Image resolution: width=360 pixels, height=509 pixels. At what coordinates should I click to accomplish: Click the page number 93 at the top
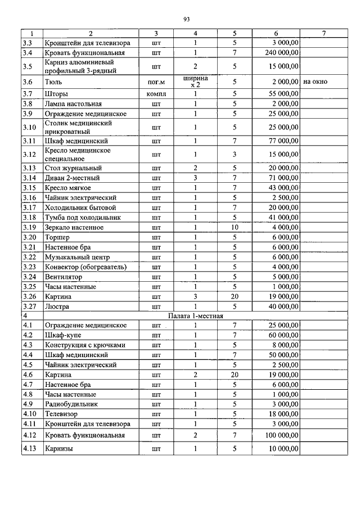click(x=186, y=20)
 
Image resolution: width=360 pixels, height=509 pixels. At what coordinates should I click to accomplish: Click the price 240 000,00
click(x=281, y=52)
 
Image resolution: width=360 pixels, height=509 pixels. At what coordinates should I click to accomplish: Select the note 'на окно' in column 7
click(x=315, y=82)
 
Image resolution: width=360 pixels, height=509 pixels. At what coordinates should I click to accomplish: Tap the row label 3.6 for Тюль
click(x=28, y=82)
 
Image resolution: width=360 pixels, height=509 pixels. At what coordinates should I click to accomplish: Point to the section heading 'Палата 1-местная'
click(x=196, y=316)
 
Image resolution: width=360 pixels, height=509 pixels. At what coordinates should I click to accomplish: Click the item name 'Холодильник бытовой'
click(x=76, y=208)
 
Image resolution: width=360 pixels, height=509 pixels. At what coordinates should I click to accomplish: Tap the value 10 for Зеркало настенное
click(x=235, y=227)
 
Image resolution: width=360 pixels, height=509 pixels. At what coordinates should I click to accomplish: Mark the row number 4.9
click(x=28, y=404)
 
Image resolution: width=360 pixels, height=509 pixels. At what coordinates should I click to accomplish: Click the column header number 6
click(x=276, y=34)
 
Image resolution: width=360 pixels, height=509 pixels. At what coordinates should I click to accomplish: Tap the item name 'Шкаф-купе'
click(x=61, y=335)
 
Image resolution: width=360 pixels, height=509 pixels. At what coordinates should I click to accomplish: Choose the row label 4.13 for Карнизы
click(x=30, y=449)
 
